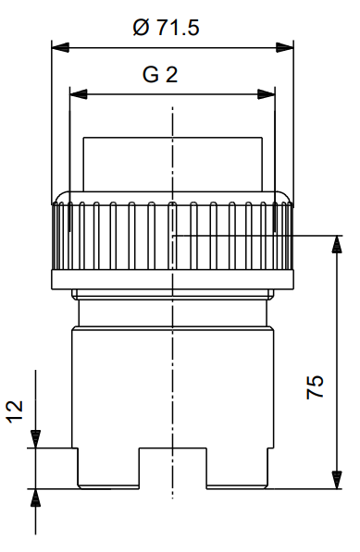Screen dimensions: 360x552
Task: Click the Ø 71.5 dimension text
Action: pyautogui.click(x=166, y=28)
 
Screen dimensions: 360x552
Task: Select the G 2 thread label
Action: pyautogui.click(x=160, y=75)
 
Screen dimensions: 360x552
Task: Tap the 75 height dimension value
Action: pyautogui.click(x=315, y=386)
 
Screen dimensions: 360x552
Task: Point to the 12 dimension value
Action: pyautogui.click(x=15, y=411)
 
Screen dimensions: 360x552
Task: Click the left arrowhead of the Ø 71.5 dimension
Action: pyautogui.click(x=60, y=47)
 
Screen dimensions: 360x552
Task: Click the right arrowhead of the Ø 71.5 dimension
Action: pyautogui.click(x=285, y=47)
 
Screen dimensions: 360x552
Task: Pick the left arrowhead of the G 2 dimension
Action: pyautogui.click(x=79, y=94)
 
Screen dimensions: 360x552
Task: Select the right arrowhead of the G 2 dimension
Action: pyautogui.click(x=267, y=94)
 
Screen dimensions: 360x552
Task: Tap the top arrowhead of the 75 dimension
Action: pyautogui.click(x=337, y=244)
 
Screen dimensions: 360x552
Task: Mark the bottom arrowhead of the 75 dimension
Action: pyautogui.click(x=337, y=480)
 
